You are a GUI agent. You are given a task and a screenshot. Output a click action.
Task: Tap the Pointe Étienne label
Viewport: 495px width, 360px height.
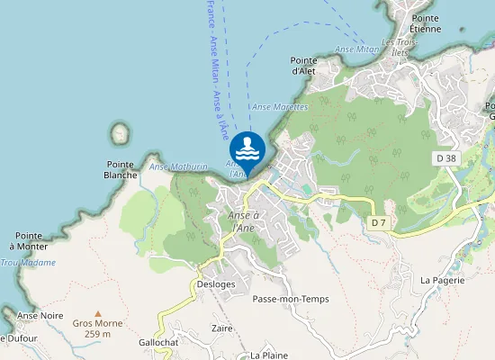(426, 23)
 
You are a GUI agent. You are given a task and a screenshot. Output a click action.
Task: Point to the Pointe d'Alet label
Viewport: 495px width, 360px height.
(301, 65)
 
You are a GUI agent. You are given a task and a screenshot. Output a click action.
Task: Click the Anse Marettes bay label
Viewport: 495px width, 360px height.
(280, 107)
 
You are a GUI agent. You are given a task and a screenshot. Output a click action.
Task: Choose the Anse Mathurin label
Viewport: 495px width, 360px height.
(178, 166)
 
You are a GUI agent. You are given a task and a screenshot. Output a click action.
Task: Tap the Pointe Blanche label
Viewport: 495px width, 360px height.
(121, 169)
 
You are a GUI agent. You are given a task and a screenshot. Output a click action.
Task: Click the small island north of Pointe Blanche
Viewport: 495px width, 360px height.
(120, 134)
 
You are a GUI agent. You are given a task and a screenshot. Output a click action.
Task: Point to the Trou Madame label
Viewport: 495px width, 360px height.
(27, 263)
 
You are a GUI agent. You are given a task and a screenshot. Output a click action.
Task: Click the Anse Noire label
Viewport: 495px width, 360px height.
(40, 316)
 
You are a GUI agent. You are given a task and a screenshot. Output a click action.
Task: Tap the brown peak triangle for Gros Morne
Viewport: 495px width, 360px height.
(98, 312)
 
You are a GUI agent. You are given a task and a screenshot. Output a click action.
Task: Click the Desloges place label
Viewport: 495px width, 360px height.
(215, 284)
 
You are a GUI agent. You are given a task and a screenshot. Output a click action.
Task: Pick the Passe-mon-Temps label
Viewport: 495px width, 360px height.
(291, 299)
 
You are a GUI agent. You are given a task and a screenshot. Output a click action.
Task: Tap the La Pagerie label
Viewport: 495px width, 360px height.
(442, 280)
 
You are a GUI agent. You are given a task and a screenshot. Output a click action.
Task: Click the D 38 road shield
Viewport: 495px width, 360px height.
(445, 158)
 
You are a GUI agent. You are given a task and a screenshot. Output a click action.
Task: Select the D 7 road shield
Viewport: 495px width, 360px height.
(379, 221)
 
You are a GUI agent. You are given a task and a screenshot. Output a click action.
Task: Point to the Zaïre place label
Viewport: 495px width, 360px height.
(222, 329)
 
